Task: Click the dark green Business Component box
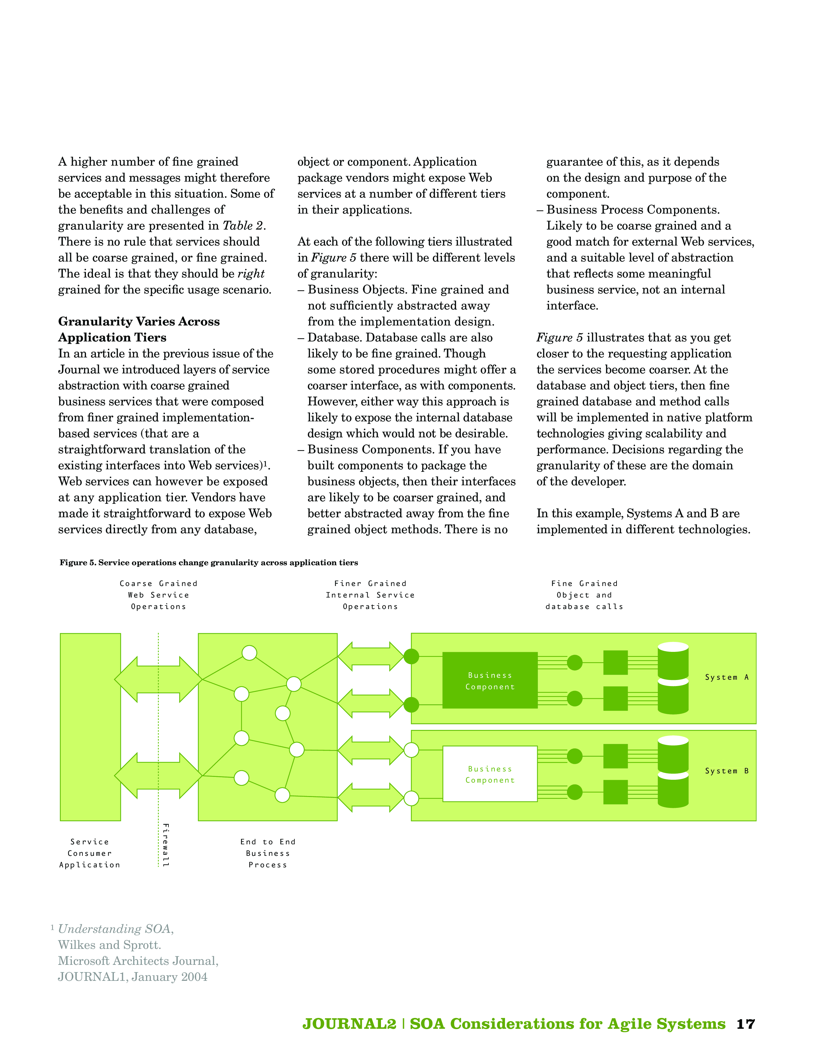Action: (490, 681)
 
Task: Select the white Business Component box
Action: (490, 774)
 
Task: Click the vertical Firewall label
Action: (166, 845)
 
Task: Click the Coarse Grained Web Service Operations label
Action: (158, 595)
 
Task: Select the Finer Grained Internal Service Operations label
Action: (370, 595)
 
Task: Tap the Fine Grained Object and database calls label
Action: (584, 595)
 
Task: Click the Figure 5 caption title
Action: (209, 563)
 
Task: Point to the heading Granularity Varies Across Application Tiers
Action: (139, 329)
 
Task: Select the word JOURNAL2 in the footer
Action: (349, 1024)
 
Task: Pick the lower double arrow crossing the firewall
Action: (158, 776)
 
